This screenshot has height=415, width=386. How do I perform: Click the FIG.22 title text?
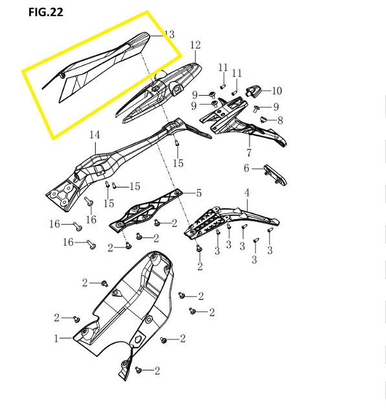46,12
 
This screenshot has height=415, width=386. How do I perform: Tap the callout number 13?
169,34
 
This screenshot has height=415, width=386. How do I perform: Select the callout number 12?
195,45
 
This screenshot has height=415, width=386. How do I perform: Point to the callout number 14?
94,134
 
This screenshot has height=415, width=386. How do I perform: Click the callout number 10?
277,90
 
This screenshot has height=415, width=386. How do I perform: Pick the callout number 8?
280,120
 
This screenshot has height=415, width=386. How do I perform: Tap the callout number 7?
249,153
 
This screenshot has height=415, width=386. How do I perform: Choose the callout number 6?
246,168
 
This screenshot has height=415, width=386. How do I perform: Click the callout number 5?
199,193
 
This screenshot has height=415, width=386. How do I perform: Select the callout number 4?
247,193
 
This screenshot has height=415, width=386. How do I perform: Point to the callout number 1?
56,339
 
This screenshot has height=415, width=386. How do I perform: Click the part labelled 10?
253,92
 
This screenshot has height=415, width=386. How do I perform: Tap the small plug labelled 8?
263,120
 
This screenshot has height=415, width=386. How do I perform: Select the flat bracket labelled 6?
275,175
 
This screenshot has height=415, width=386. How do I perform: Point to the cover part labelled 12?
159,92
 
